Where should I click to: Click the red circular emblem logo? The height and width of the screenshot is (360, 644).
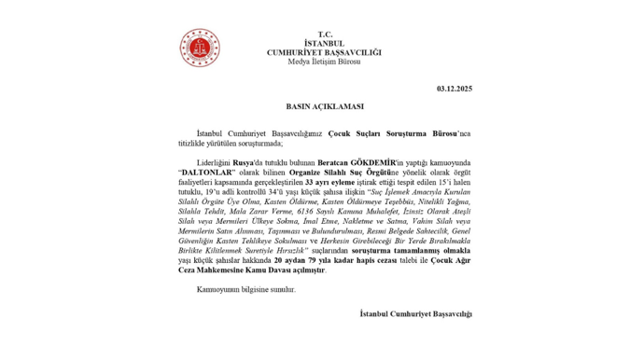199,49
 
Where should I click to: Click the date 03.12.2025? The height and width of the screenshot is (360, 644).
455,90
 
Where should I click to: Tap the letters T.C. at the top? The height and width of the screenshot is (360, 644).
324,33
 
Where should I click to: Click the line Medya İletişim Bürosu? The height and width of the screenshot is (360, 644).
324,63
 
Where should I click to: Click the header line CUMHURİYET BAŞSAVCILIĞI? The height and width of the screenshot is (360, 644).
324,52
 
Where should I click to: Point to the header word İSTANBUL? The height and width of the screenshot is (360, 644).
324,43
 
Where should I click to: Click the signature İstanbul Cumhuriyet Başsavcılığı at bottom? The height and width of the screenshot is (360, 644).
416,314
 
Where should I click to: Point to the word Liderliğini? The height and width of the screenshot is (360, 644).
217,161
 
